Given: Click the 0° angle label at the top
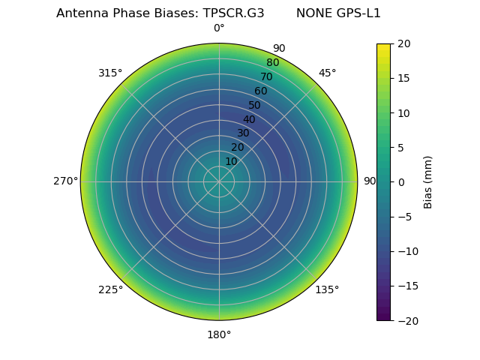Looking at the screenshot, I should coord(219,28).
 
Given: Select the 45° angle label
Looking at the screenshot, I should coord(327,73).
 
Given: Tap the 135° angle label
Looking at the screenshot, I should coord(327,289).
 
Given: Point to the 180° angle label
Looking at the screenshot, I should coord(219,334).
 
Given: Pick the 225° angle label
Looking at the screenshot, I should coord(110,289).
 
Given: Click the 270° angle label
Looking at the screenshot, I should coord(65,181).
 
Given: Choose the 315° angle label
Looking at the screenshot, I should coord(110,73).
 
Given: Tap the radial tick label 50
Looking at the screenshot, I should coord(255,105).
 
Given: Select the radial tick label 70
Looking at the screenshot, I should coord(266,76).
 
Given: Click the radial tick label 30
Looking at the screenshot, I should coord(243,133).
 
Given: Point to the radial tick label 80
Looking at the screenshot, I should coord(272,63).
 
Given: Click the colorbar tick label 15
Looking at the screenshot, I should coord(403,78).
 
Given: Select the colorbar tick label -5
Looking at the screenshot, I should coord(403,217).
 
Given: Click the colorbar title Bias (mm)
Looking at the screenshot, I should coord(428,182).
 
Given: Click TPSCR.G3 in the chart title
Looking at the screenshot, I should coord(233,13).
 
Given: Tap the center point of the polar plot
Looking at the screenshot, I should coord(219,181).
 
